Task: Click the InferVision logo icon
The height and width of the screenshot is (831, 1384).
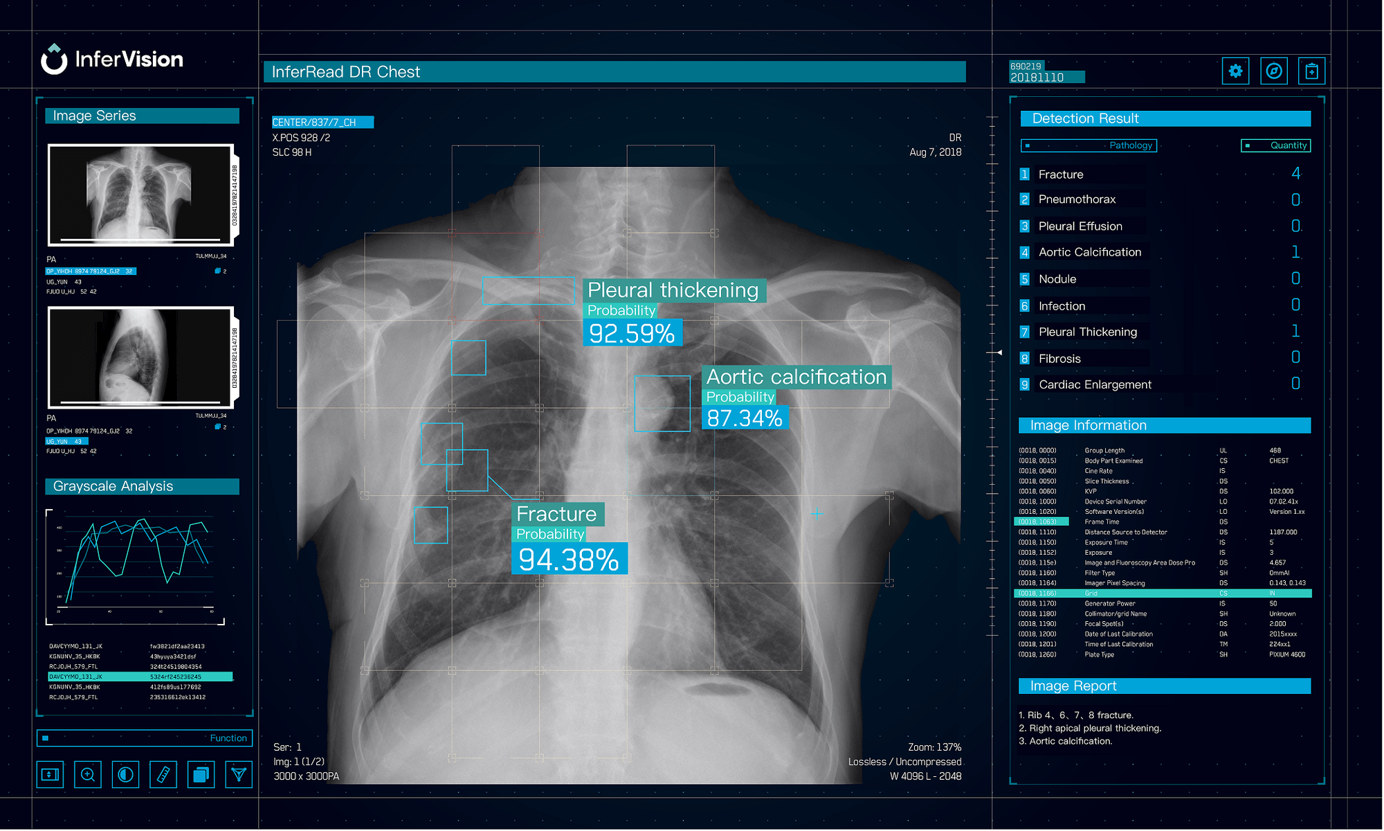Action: pyautogui.click(x=54, y=59)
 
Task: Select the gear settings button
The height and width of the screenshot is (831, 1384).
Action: pyautogui.click(x=1235, y=71)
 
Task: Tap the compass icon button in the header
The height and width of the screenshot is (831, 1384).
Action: pyautogui.click(x=1273, y=71)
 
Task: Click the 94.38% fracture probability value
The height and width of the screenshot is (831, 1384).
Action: pyautogui.click(x=569, y=560)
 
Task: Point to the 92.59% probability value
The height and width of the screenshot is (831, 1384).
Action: pyautogui.click(x=632, y=333)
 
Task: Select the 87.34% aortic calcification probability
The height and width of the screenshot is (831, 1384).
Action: pyautogui.click(x=745, y=418)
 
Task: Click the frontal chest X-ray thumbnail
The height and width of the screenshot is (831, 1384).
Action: pyautogui.click(x=139, y=195)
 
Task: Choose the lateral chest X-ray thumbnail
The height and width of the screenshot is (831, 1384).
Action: pyautogui.click(x=139, y=357)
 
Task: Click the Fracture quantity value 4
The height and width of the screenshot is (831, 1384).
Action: pyautogui.click(x=1295, y=173)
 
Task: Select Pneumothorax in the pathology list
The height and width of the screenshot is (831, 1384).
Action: pyautogui.click(x=1077, y=199)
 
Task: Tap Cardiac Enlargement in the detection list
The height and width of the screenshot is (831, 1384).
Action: pyautogui.click(x=1095, y=384)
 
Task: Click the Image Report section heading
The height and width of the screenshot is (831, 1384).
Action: pyautogui.click(x=1073, y=686)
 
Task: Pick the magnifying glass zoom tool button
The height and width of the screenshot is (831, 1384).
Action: pyautogui.click(x=88, y=774)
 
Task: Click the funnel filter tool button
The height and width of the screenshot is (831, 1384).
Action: pyautogui.click(x=239, y=774)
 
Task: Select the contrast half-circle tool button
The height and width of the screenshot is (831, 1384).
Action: pyautogui.click(x=125, y=774)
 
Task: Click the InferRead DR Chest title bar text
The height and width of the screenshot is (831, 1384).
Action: pyautogui.click(x=345, y=72)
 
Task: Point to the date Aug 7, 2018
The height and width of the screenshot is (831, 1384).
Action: pyautogui.click(x=935, y=152)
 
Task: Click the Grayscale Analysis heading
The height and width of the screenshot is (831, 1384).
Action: pyautogui.click(x=113, y=486)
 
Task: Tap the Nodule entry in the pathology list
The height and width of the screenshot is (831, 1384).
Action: pyautogui.click(x=1057, y=279)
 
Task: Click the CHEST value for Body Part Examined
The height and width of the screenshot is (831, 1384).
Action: pyautogui.click(x=1279, y=461)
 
